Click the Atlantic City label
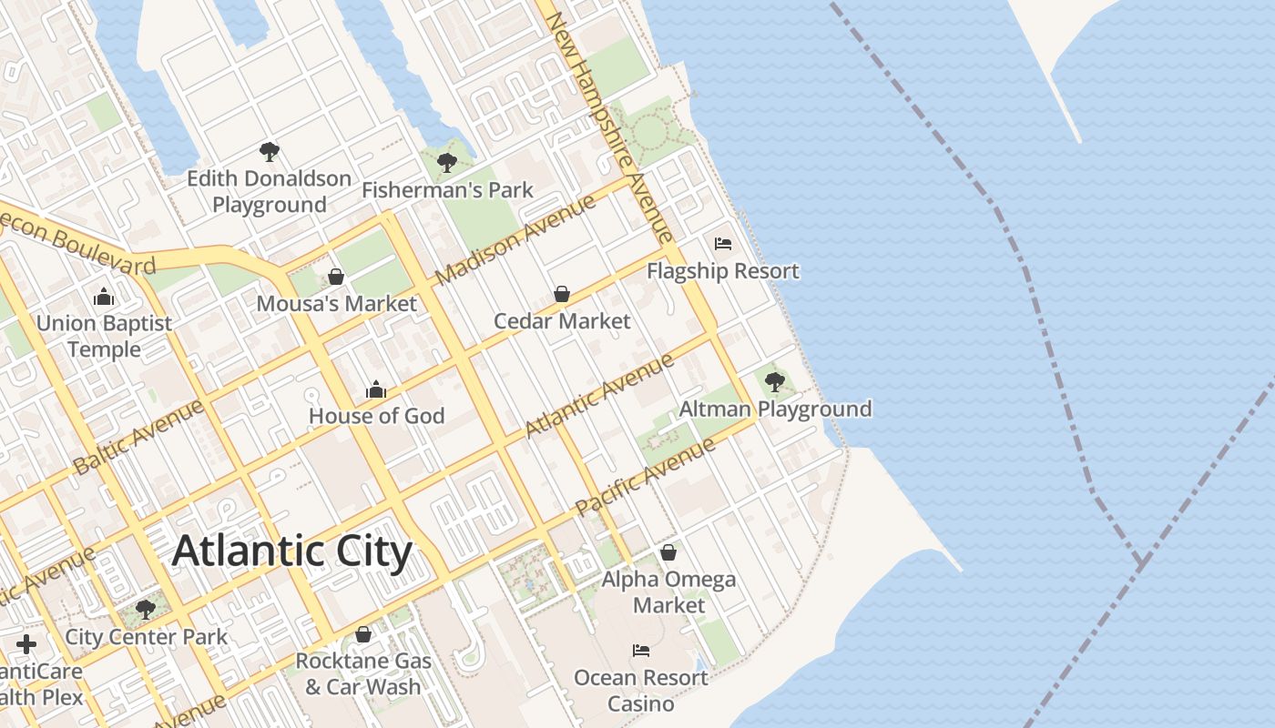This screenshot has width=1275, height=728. point(291,551)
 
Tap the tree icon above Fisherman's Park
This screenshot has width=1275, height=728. point(446,163)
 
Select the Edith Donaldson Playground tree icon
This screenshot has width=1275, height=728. point(269,151)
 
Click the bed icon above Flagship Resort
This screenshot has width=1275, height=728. point(723,244)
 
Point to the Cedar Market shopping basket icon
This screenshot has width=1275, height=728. point(562,294)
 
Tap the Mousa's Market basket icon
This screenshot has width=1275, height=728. point(336,277)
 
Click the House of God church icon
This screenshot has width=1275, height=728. point(376,389)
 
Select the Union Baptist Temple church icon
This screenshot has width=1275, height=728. point(104,297)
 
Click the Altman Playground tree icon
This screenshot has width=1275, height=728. point(775,381)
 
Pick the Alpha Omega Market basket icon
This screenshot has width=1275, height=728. point(668,552)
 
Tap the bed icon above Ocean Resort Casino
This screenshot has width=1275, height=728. point(641,651)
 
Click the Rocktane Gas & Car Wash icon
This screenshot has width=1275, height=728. point(363,634)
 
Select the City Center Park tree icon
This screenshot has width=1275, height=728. point(145,610)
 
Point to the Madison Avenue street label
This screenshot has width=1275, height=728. point(515,239)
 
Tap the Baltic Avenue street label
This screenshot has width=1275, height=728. point(138,437)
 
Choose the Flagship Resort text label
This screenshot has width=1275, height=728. point(723,271)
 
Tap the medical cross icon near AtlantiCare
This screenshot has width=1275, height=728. point(26,644)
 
